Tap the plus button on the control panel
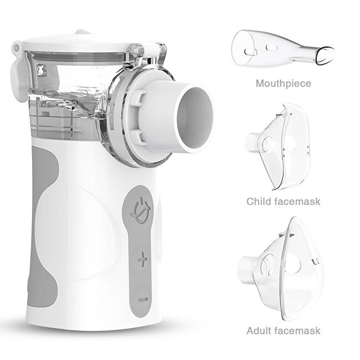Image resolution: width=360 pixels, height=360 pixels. (x=142, y=259)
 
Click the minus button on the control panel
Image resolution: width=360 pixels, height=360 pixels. (x=143, y=300)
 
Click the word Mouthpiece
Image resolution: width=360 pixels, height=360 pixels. (x=284, y=83)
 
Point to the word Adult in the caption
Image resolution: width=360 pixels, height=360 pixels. (x=259, y=331)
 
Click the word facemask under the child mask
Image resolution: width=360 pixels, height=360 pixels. (x=296, y=202)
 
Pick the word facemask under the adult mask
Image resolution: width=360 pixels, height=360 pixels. (x=297, y=331)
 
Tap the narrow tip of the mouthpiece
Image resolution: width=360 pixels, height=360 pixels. (x=325, y=55)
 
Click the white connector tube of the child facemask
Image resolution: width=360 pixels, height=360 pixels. (x=252, y=141)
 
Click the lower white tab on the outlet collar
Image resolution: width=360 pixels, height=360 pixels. (x=139, y=137)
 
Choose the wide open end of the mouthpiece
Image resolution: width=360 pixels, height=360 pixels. (x=244, y=48)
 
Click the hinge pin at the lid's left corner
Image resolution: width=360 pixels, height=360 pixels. (x=16, y=48)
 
